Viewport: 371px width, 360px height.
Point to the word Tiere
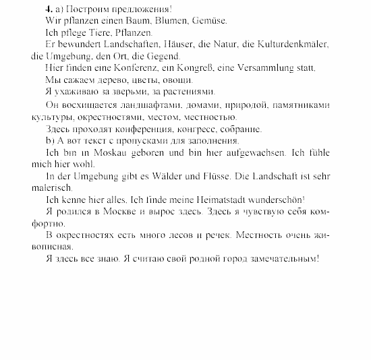pos(98,32)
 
